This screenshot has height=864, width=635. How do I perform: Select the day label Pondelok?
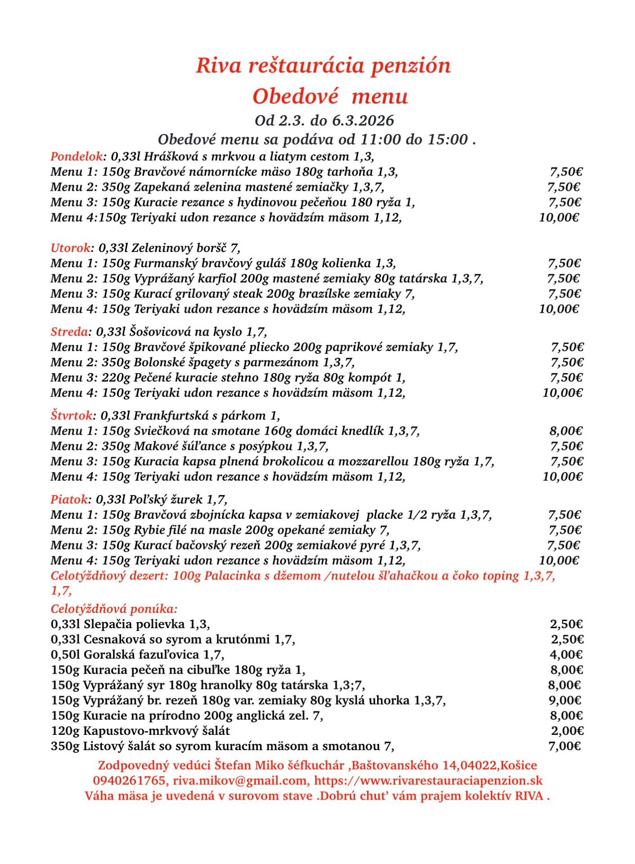[x=77, y=157]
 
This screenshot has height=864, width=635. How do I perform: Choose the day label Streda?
[x=69, y=332]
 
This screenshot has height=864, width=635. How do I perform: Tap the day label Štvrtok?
[x=72, y=416]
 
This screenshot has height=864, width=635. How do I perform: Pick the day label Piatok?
[x=69, y=499]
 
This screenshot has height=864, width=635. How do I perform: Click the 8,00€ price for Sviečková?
[x=566, y=431]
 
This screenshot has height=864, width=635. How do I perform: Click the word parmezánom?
[x=281, y=362]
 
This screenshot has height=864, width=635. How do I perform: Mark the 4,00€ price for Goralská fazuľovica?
[x=566, y=655]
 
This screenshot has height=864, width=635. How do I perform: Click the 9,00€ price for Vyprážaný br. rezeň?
[x=565, y=701]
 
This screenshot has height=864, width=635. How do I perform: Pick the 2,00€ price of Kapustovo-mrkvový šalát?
[x=567, y=731]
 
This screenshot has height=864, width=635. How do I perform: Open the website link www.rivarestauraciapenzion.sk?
[x=428, y=781]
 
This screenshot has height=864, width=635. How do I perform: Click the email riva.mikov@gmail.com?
[x=241, y=781]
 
